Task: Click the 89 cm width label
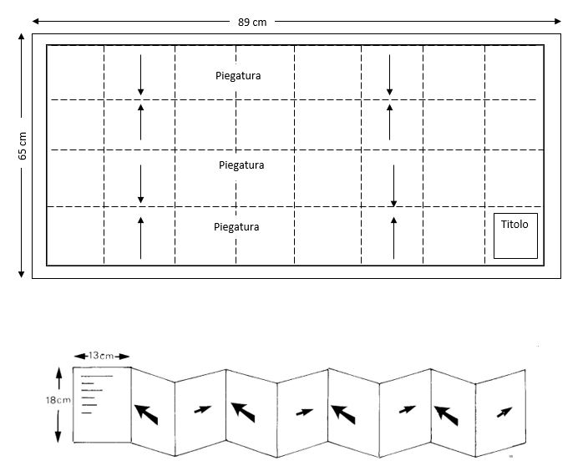tap(253, 22)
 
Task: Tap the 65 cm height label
tap(23, 145)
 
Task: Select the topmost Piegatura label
tap(238, 76)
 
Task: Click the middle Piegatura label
tap(241, 165)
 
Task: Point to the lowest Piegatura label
tap(236, 226)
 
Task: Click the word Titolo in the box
tap(514, 225)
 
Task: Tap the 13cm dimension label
tap(101, 355)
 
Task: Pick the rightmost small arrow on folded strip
tap(504, 412)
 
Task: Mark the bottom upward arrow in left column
tap(141, 236)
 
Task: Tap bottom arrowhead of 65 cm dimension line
tap(21, 273)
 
